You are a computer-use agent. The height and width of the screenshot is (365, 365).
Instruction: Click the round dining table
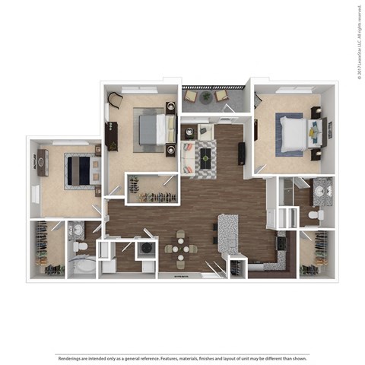click(x=180, y=246)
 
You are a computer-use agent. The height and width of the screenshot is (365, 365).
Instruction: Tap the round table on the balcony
click(x=206, y=97)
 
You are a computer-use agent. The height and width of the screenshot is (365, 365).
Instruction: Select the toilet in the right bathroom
click(x=314, y=216)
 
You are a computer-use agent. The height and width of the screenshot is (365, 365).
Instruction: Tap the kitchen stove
click(x=281, y=245)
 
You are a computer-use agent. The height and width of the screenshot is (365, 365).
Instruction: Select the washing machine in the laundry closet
click(x=145, y=249)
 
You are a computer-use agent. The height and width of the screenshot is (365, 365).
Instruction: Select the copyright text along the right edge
click(x=357, y=42)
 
